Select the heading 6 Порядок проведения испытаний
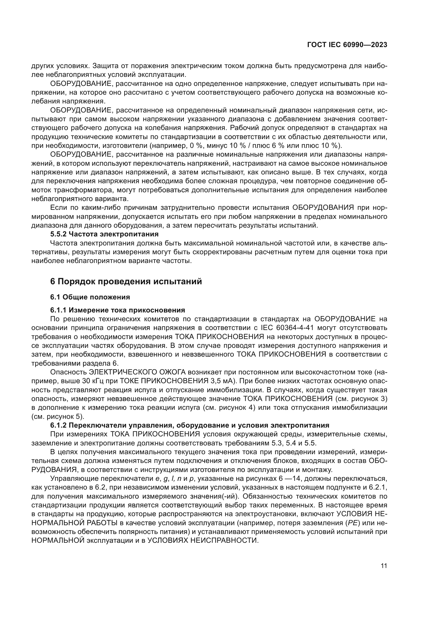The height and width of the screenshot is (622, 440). pyautogui.click(x=126, y=281)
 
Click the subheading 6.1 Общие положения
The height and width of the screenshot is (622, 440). pyautogui.click(x=90, y=297)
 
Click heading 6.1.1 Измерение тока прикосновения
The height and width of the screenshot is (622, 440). pyautogui.click(x=117, y=310)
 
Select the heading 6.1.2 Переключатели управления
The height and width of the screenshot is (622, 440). pyautogui.click(x=190, y=425)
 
